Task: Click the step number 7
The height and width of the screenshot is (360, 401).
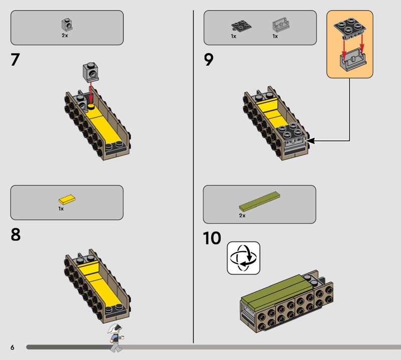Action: (15, 60)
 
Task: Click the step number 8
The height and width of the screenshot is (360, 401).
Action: (16, 235)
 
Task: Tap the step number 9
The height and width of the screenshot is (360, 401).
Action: (209, 60)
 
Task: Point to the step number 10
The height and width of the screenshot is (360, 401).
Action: (212, 238)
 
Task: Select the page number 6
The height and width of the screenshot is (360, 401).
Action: (12, 347)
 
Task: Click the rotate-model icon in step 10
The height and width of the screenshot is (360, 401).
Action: (244, 258)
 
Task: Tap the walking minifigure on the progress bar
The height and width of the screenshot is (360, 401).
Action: (116, 337)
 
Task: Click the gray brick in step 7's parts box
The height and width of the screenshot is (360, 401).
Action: (67, 25)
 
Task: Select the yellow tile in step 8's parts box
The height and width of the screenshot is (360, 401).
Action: (67, 199)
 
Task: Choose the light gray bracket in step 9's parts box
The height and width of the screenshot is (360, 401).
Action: (281, 25)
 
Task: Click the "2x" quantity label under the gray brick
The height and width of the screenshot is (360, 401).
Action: (65, 36)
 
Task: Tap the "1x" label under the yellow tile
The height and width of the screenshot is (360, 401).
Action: (61, 209)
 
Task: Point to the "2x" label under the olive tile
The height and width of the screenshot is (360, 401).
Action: (242, 216)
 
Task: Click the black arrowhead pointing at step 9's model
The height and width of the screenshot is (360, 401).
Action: (310, 140)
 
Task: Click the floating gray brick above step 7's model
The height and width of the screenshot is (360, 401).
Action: (91, 72)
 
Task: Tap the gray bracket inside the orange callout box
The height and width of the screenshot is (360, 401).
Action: (353, 61)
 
